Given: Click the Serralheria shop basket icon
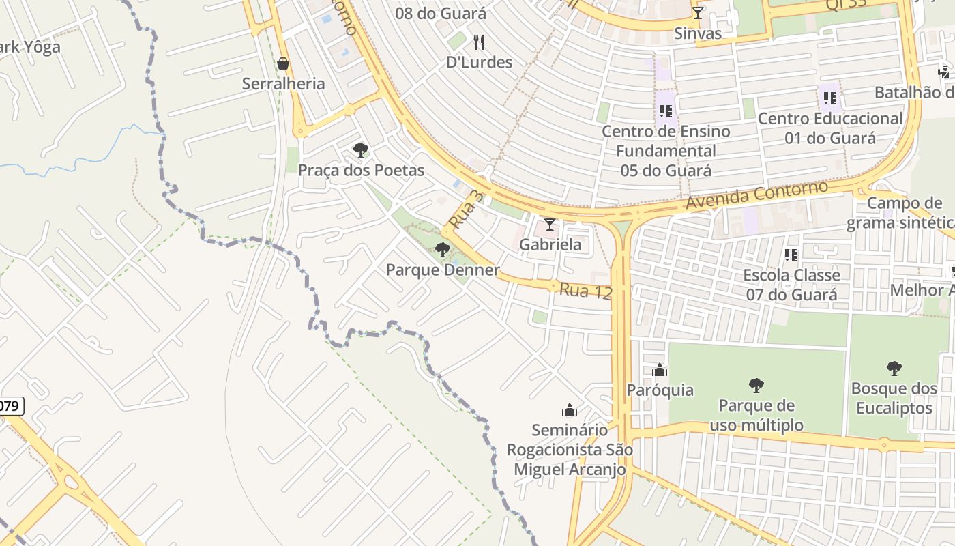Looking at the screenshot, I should coord(283,64).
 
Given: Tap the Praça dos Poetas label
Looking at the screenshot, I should coord(361,171).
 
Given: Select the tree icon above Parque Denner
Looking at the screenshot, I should coord(443,250).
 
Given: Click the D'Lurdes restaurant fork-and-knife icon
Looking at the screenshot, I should coord(479,42).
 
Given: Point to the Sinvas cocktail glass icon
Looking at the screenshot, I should coord(697,13).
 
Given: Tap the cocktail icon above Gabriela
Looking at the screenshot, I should coord(549,225).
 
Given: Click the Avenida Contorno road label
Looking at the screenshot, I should coord(756,195).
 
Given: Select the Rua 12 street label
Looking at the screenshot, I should coord(585,291).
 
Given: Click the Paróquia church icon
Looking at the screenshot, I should coord(660,371).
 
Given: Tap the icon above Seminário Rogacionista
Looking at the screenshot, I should coord(569,410).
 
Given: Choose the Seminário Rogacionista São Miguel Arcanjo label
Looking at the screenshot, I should coord(570,450).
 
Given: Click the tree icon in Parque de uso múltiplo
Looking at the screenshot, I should coord(756,386).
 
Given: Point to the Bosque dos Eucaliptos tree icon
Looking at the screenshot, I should coord(894,369).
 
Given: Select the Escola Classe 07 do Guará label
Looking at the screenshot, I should coord(791,285).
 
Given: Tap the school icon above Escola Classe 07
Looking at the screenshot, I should coord(791,255).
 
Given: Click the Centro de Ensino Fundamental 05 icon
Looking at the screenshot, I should coord(666,111).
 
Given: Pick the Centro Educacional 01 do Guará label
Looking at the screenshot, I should coord(830,128).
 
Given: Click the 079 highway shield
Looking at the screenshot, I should coord(10,406).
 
